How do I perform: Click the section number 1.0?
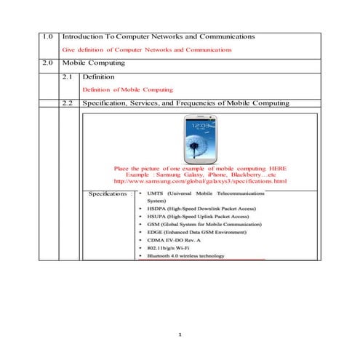(48, 36)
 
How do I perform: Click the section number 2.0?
(48, 63)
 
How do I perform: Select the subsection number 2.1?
(68, 76)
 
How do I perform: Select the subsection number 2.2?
(68, 103)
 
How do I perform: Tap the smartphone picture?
(200, 140)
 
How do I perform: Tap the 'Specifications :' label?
(111, 194)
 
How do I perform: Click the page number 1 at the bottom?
(180, 335)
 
